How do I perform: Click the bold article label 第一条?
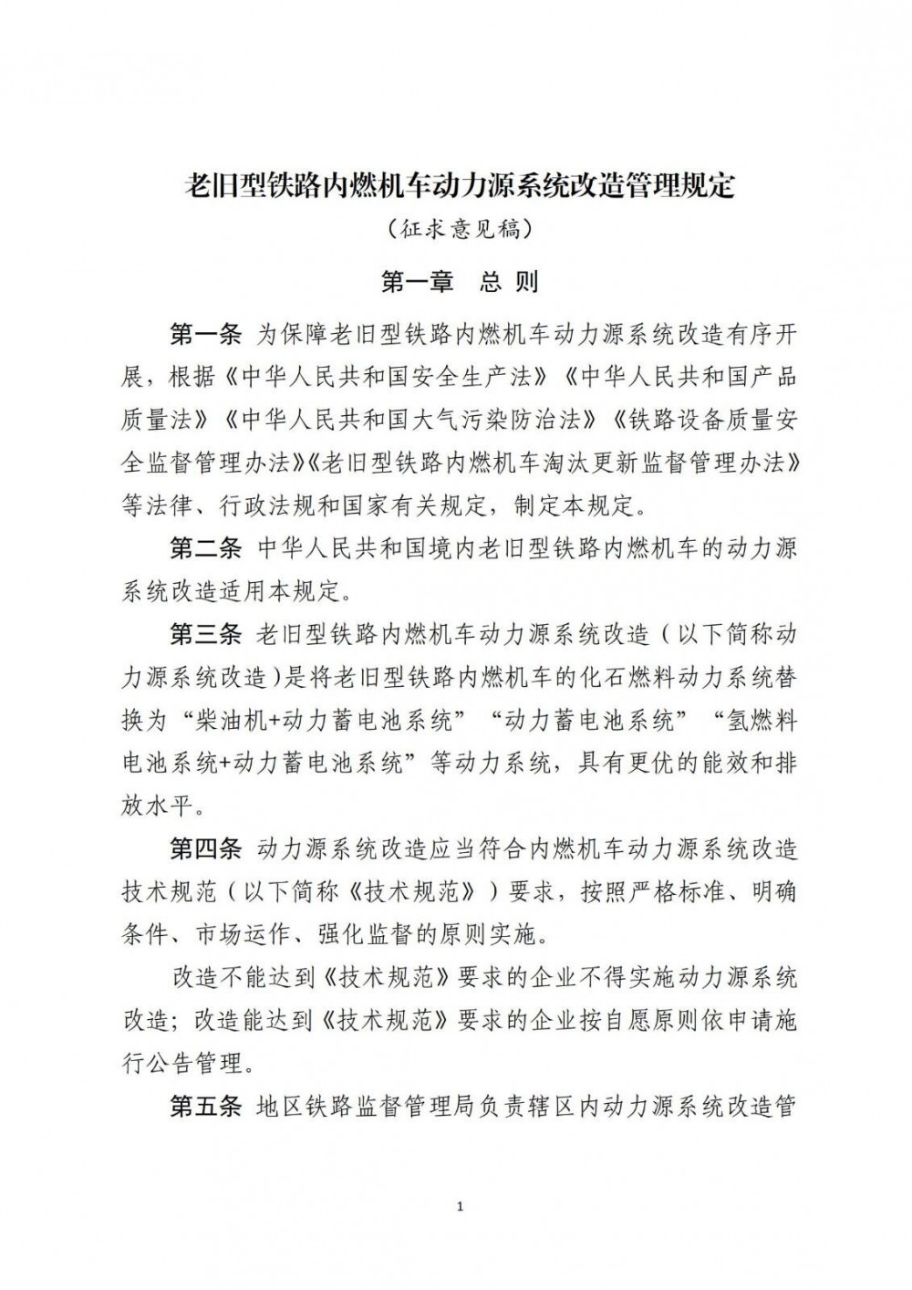pyautogui.click(x=205, y=336)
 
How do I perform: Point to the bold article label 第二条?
pyautogui.click(x=205, y=548)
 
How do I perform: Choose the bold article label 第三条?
pyautogui.click(x=205, y=634)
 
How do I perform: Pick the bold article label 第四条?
pyautogui.click(x=205, y=849)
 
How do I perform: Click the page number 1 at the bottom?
pyautogui.click(x=459, y=1208)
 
